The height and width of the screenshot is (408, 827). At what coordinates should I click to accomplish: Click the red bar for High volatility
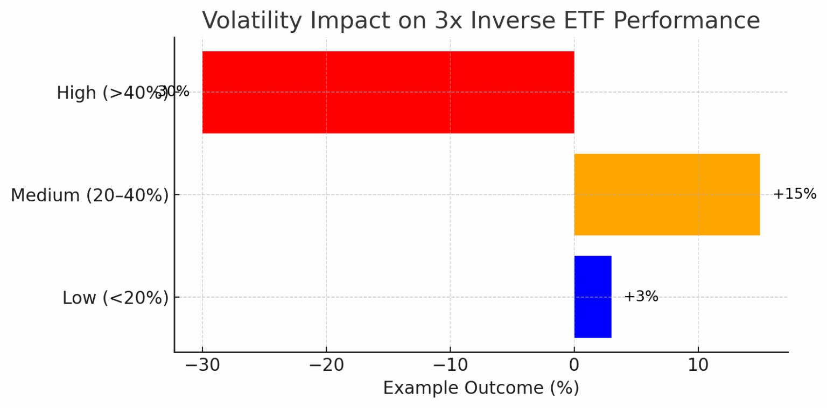388,92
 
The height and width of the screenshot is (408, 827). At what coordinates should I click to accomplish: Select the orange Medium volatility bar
667,194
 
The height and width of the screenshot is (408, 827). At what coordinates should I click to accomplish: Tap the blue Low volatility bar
592,297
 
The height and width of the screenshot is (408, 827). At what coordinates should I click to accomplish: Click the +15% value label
794,194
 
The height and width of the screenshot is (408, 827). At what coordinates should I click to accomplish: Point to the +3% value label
641,297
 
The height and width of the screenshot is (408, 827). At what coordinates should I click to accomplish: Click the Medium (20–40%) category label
89,195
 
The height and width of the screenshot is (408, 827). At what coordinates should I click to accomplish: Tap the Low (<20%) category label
115,298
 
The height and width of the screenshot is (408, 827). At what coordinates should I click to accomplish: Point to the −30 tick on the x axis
202,366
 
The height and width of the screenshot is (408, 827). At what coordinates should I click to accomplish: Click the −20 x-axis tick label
326,366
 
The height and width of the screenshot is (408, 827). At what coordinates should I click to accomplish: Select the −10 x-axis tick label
450,366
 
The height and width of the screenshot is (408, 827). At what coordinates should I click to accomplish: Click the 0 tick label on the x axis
574,366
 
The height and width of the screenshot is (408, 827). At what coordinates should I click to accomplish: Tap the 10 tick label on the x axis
698,366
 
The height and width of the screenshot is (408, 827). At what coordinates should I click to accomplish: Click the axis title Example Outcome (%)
481,388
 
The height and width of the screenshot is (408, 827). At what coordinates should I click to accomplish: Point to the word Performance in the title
691,21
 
